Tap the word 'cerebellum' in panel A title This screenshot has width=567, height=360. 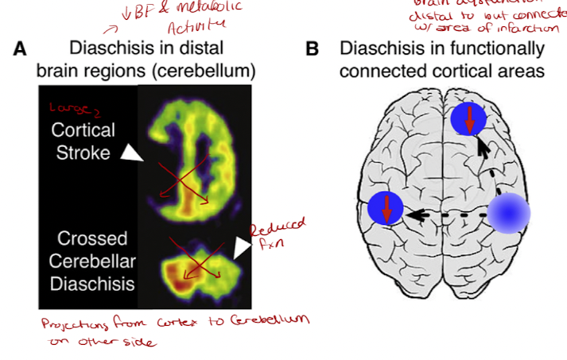click(x=208, y=71)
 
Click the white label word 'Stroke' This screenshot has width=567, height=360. click(x=82, y=153)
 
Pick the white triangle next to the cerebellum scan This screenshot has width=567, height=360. click(x=241, y=250)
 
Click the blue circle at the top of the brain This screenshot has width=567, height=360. click(x=469, y=120)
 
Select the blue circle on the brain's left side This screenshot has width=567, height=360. click(x=386, y=210)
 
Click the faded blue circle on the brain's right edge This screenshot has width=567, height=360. click(x=508, y=214)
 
